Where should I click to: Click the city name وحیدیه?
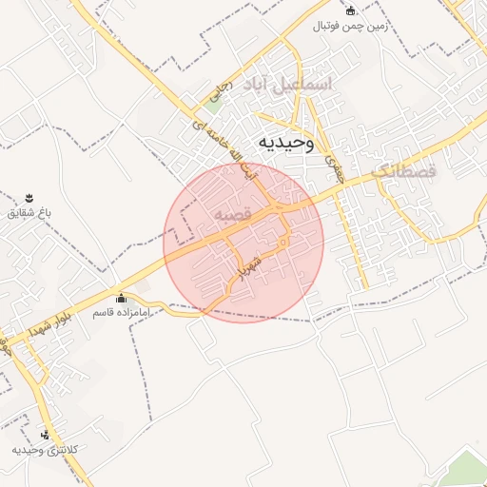(x=282, y=143)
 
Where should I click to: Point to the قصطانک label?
(x=403, y=171)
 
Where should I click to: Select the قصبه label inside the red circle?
(x=233, y=216)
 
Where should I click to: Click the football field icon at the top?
(x=351, y=11)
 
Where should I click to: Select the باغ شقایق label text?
(x=27, y=211)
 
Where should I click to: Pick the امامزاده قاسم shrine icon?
(x=120, y=298)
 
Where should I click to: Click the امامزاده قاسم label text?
(x=120, y=312)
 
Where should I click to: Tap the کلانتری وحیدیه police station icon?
(x=44, y=435)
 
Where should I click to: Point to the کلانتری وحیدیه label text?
(x=44, y=449)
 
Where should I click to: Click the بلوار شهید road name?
(x=28, y=328)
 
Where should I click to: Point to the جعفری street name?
(x=332, y=167)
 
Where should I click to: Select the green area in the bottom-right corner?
(x=466, y=471)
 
